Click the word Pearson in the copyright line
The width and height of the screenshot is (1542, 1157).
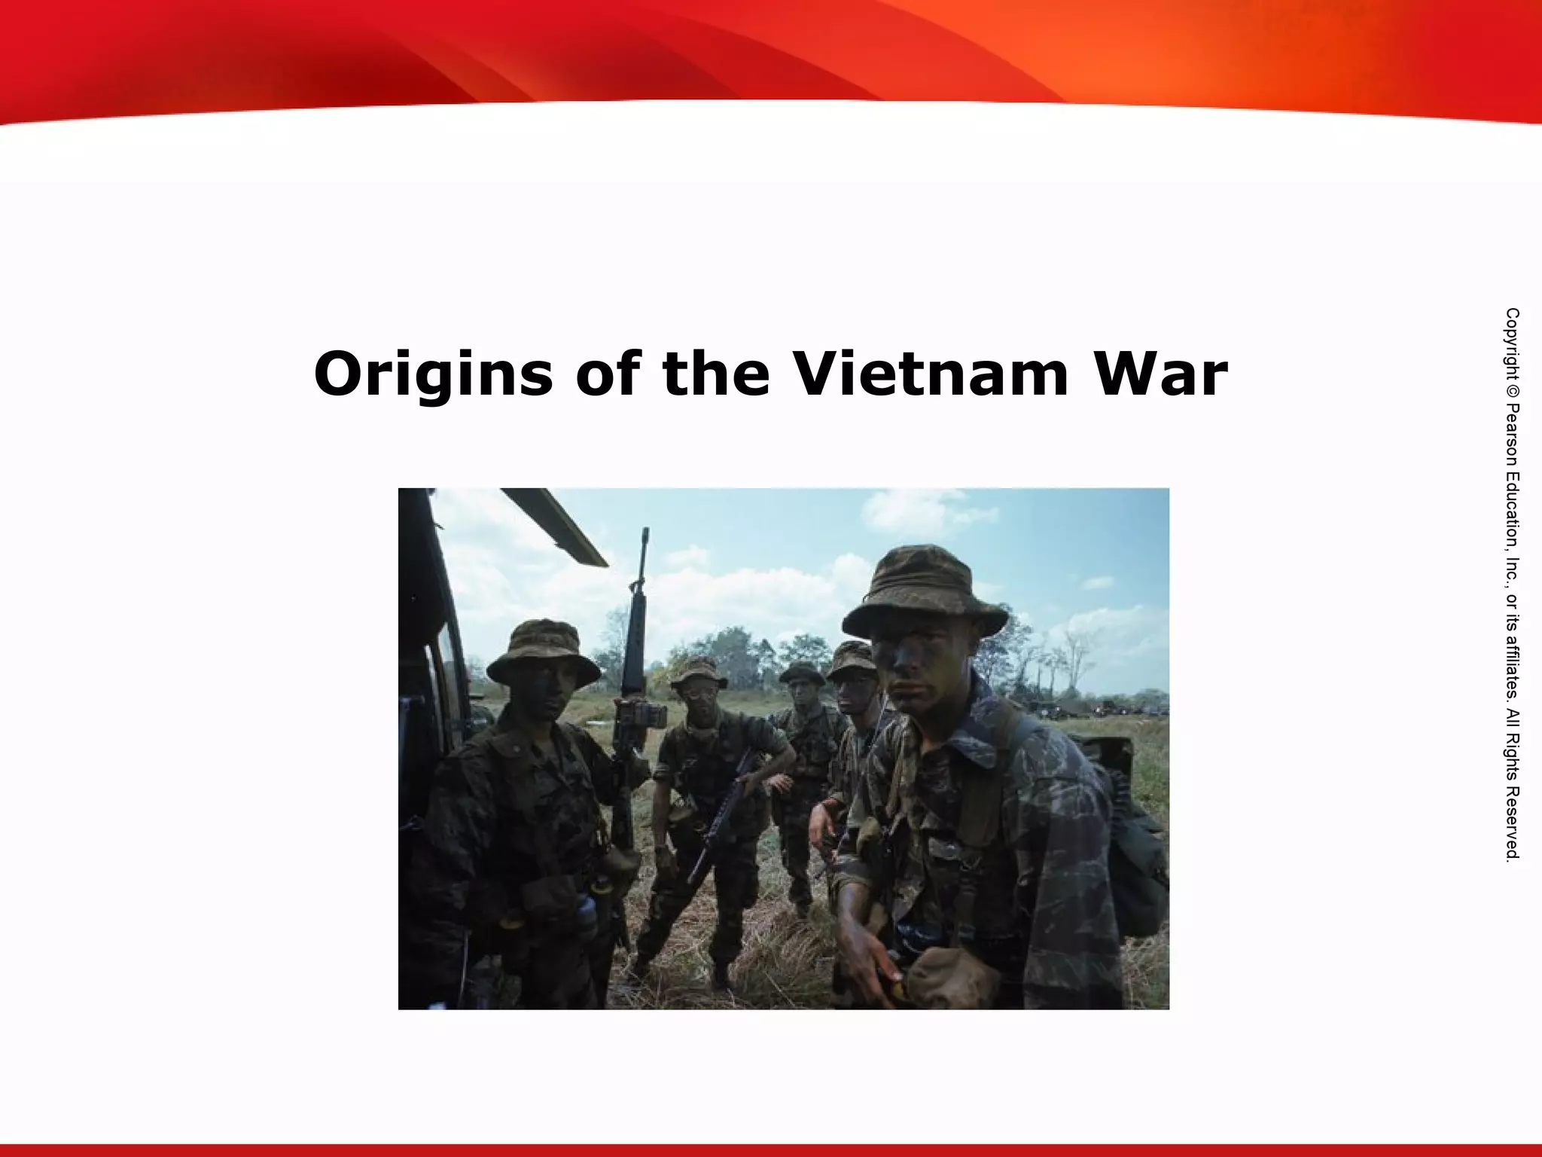(1512, 429)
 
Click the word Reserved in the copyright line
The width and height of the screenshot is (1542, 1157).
(1512, 825)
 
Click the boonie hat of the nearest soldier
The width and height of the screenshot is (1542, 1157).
(925, 595)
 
